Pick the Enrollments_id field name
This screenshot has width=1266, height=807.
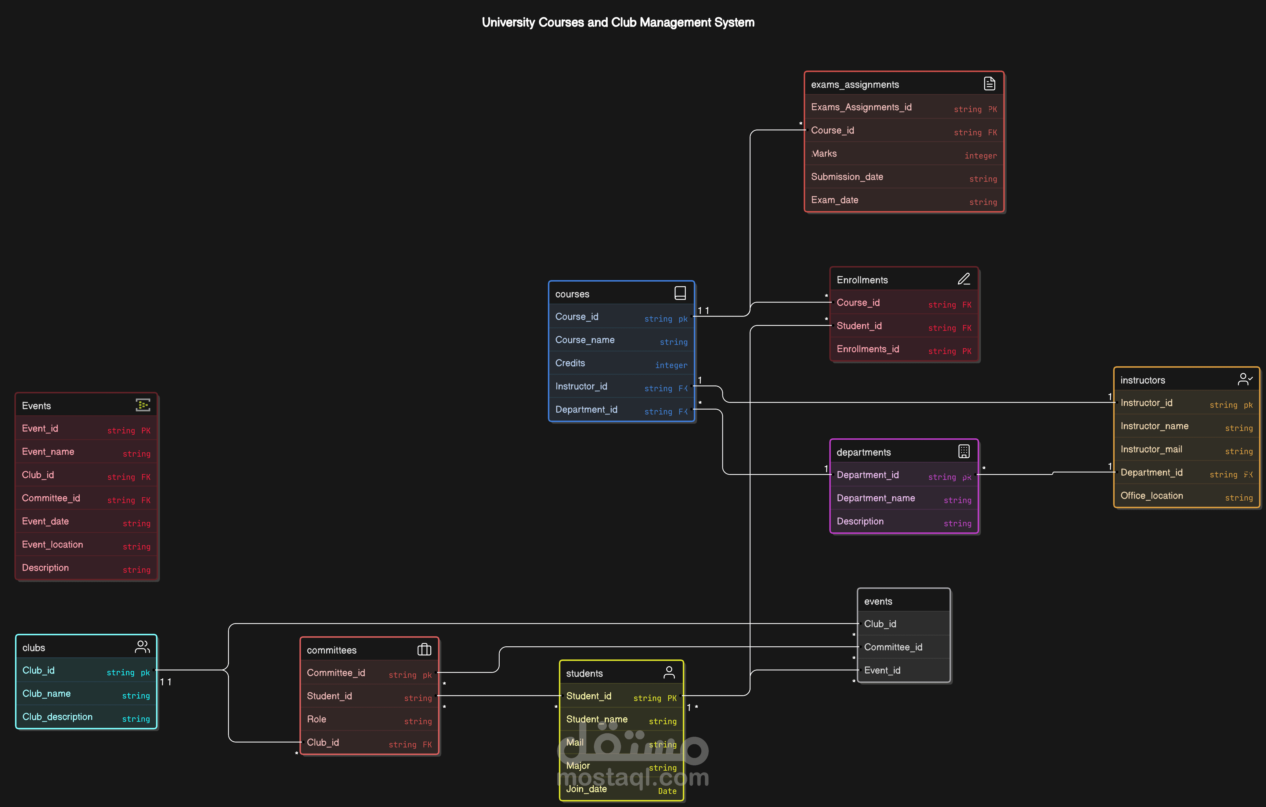coord(867,349)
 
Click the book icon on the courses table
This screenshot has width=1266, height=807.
coord(680,293)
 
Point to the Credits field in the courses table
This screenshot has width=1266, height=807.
coord(570,363)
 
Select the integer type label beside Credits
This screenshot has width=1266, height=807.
coord(671,365)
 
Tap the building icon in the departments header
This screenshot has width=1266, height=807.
coord(964,451)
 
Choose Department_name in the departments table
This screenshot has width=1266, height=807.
coord(875,498)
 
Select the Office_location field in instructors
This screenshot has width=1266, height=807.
coord(1151,495)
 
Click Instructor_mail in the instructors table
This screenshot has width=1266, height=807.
coord(1151,449)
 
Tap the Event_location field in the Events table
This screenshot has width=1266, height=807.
coord(52,545)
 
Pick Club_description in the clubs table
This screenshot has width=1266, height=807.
coord(57,717)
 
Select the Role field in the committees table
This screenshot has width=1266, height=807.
coord(316,719)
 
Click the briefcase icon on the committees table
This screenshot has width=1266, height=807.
coord(424,650)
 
